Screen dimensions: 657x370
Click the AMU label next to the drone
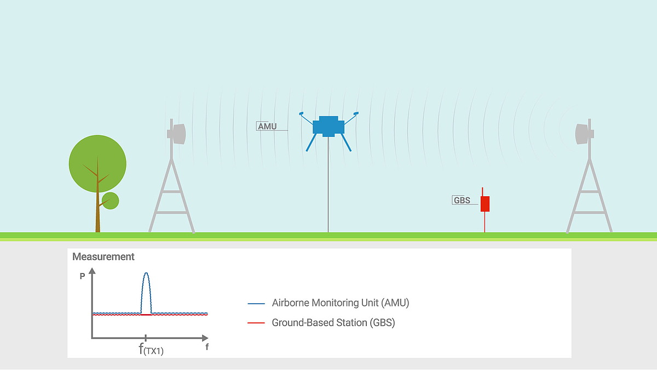(267, 126)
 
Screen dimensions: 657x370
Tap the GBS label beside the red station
(462, 200)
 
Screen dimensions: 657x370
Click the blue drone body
(328, 127)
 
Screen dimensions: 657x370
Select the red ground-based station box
(485, 204)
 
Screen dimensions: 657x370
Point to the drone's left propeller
(301, 113)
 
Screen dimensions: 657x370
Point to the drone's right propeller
(356, 113)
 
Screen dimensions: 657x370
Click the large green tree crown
(97, 163)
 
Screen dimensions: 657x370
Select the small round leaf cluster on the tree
(110, 201)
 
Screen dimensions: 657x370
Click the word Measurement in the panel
(103, 257)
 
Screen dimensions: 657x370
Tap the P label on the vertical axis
(83, 276)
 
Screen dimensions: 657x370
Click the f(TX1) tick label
(151, 349)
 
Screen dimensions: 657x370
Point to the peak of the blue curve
(146, 273)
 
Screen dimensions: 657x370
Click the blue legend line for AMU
(256, 304)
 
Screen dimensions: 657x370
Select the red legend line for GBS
(256, 323)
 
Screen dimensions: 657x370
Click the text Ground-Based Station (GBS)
(333, 323)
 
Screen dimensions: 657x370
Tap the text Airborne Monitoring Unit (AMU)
(341, 303)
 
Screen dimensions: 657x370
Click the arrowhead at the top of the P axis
(92, 270)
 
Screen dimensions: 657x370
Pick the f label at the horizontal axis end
(207, 347)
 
